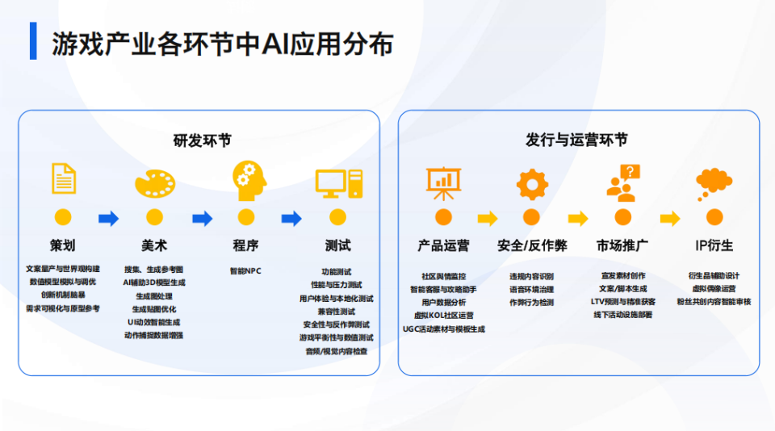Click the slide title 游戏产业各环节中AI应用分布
[223, 44]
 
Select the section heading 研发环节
[202, 140]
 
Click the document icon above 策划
[64, 178]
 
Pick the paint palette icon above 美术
[154, 182]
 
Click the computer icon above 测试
[338, 183]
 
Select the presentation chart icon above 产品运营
[443, 182]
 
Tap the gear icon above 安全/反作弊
[532, 183]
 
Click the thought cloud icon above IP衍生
[714, 182]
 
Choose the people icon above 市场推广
[622, 182]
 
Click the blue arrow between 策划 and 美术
[108, 218]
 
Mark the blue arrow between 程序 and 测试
[291, 218]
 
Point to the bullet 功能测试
[337, 272]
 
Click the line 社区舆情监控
[443, 276]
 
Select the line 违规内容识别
[531, 276]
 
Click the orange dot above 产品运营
[443, 217]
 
